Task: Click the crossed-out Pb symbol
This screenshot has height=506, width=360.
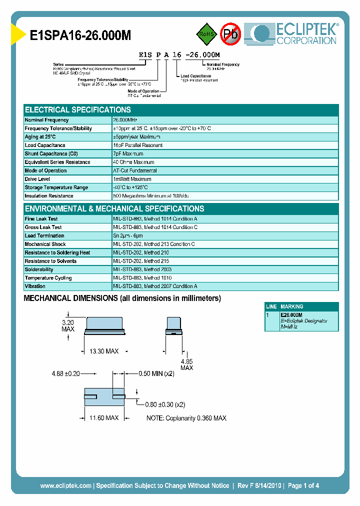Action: pos(230,34)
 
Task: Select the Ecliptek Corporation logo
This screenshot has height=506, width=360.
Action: pos(295,33)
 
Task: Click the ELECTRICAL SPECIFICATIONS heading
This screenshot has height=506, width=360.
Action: pos(78,110)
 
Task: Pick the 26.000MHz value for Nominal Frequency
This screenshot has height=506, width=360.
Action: pos(125,120)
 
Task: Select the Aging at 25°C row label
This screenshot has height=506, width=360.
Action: pos(40,137)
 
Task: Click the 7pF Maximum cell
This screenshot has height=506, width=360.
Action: pos(128,154)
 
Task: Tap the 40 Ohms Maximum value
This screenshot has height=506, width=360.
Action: pos(133,162)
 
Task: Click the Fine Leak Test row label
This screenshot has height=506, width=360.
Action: pos(41,219)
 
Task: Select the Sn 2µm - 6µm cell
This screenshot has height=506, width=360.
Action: pos(128,236)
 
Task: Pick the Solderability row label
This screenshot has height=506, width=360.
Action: pos(39,269)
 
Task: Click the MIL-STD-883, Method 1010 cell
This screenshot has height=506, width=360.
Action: pos(142,278)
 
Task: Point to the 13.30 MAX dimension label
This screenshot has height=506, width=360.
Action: pos(103,352)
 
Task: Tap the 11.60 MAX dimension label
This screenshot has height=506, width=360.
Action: pos(103,418)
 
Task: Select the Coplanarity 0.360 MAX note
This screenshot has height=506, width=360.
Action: pos(186,418)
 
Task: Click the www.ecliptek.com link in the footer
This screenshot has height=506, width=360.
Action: pos(65,485)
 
